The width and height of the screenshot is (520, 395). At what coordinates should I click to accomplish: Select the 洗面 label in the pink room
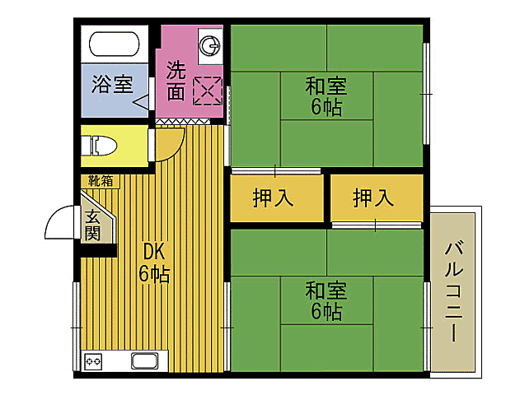pos(175,80)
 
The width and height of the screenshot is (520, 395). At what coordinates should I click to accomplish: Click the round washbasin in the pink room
pos(210,44)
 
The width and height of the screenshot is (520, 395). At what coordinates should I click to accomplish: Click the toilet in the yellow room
pos(99,146)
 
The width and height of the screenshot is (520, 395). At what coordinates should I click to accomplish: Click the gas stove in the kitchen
pos(92,360)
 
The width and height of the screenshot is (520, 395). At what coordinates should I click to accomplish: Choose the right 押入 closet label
pos(373,197)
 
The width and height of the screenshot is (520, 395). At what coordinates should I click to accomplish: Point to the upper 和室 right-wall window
pos(426,95)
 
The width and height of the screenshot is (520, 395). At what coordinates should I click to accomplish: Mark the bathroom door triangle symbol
pos(141,104)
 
